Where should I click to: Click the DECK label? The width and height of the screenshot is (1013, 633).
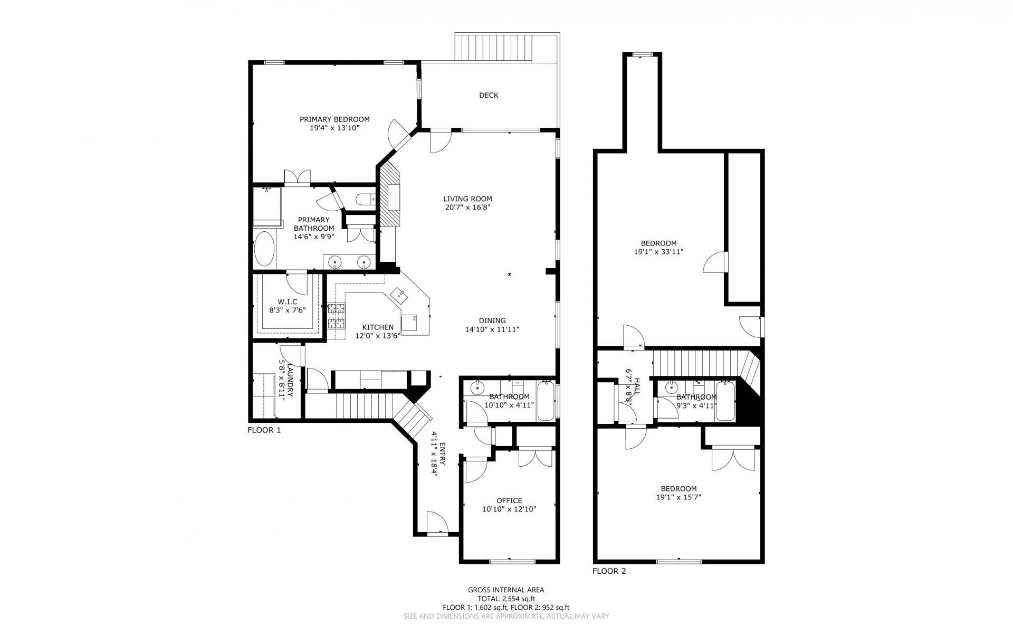[489, 96]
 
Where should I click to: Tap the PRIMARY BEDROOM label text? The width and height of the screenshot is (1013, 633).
[335, 119]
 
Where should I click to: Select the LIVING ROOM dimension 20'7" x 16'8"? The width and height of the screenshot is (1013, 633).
[468, 207]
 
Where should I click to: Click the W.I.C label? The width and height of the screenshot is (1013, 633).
[288, 302]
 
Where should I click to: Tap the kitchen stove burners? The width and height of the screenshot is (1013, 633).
[336, 316]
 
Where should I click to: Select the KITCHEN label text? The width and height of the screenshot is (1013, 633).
[378, 327]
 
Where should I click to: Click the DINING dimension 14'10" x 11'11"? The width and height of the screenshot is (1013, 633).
[492, 329]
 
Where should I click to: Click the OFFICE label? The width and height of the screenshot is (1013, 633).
[509, 500]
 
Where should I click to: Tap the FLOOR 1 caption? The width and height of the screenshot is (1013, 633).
[264, 430]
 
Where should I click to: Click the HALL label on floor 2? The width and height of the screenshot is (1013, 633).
[637, 386]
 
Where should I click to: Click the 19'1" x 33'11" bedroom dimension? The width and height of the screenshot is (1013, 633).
[658, 252]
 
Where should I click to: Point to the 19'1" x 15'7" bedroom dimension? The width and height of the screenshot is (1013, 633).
[678, 497]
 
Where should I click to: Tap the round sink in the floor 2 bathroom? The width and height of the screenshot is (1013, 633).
[671, 387]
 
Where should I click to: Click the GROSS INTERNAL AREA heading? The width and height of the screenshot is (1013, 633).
[506, 590]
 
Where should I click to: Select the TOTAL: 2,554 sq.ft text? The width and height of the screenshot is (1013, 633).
[506, 599]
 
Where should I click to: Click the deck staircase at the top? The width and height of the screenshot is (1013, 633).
[494, 47]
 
